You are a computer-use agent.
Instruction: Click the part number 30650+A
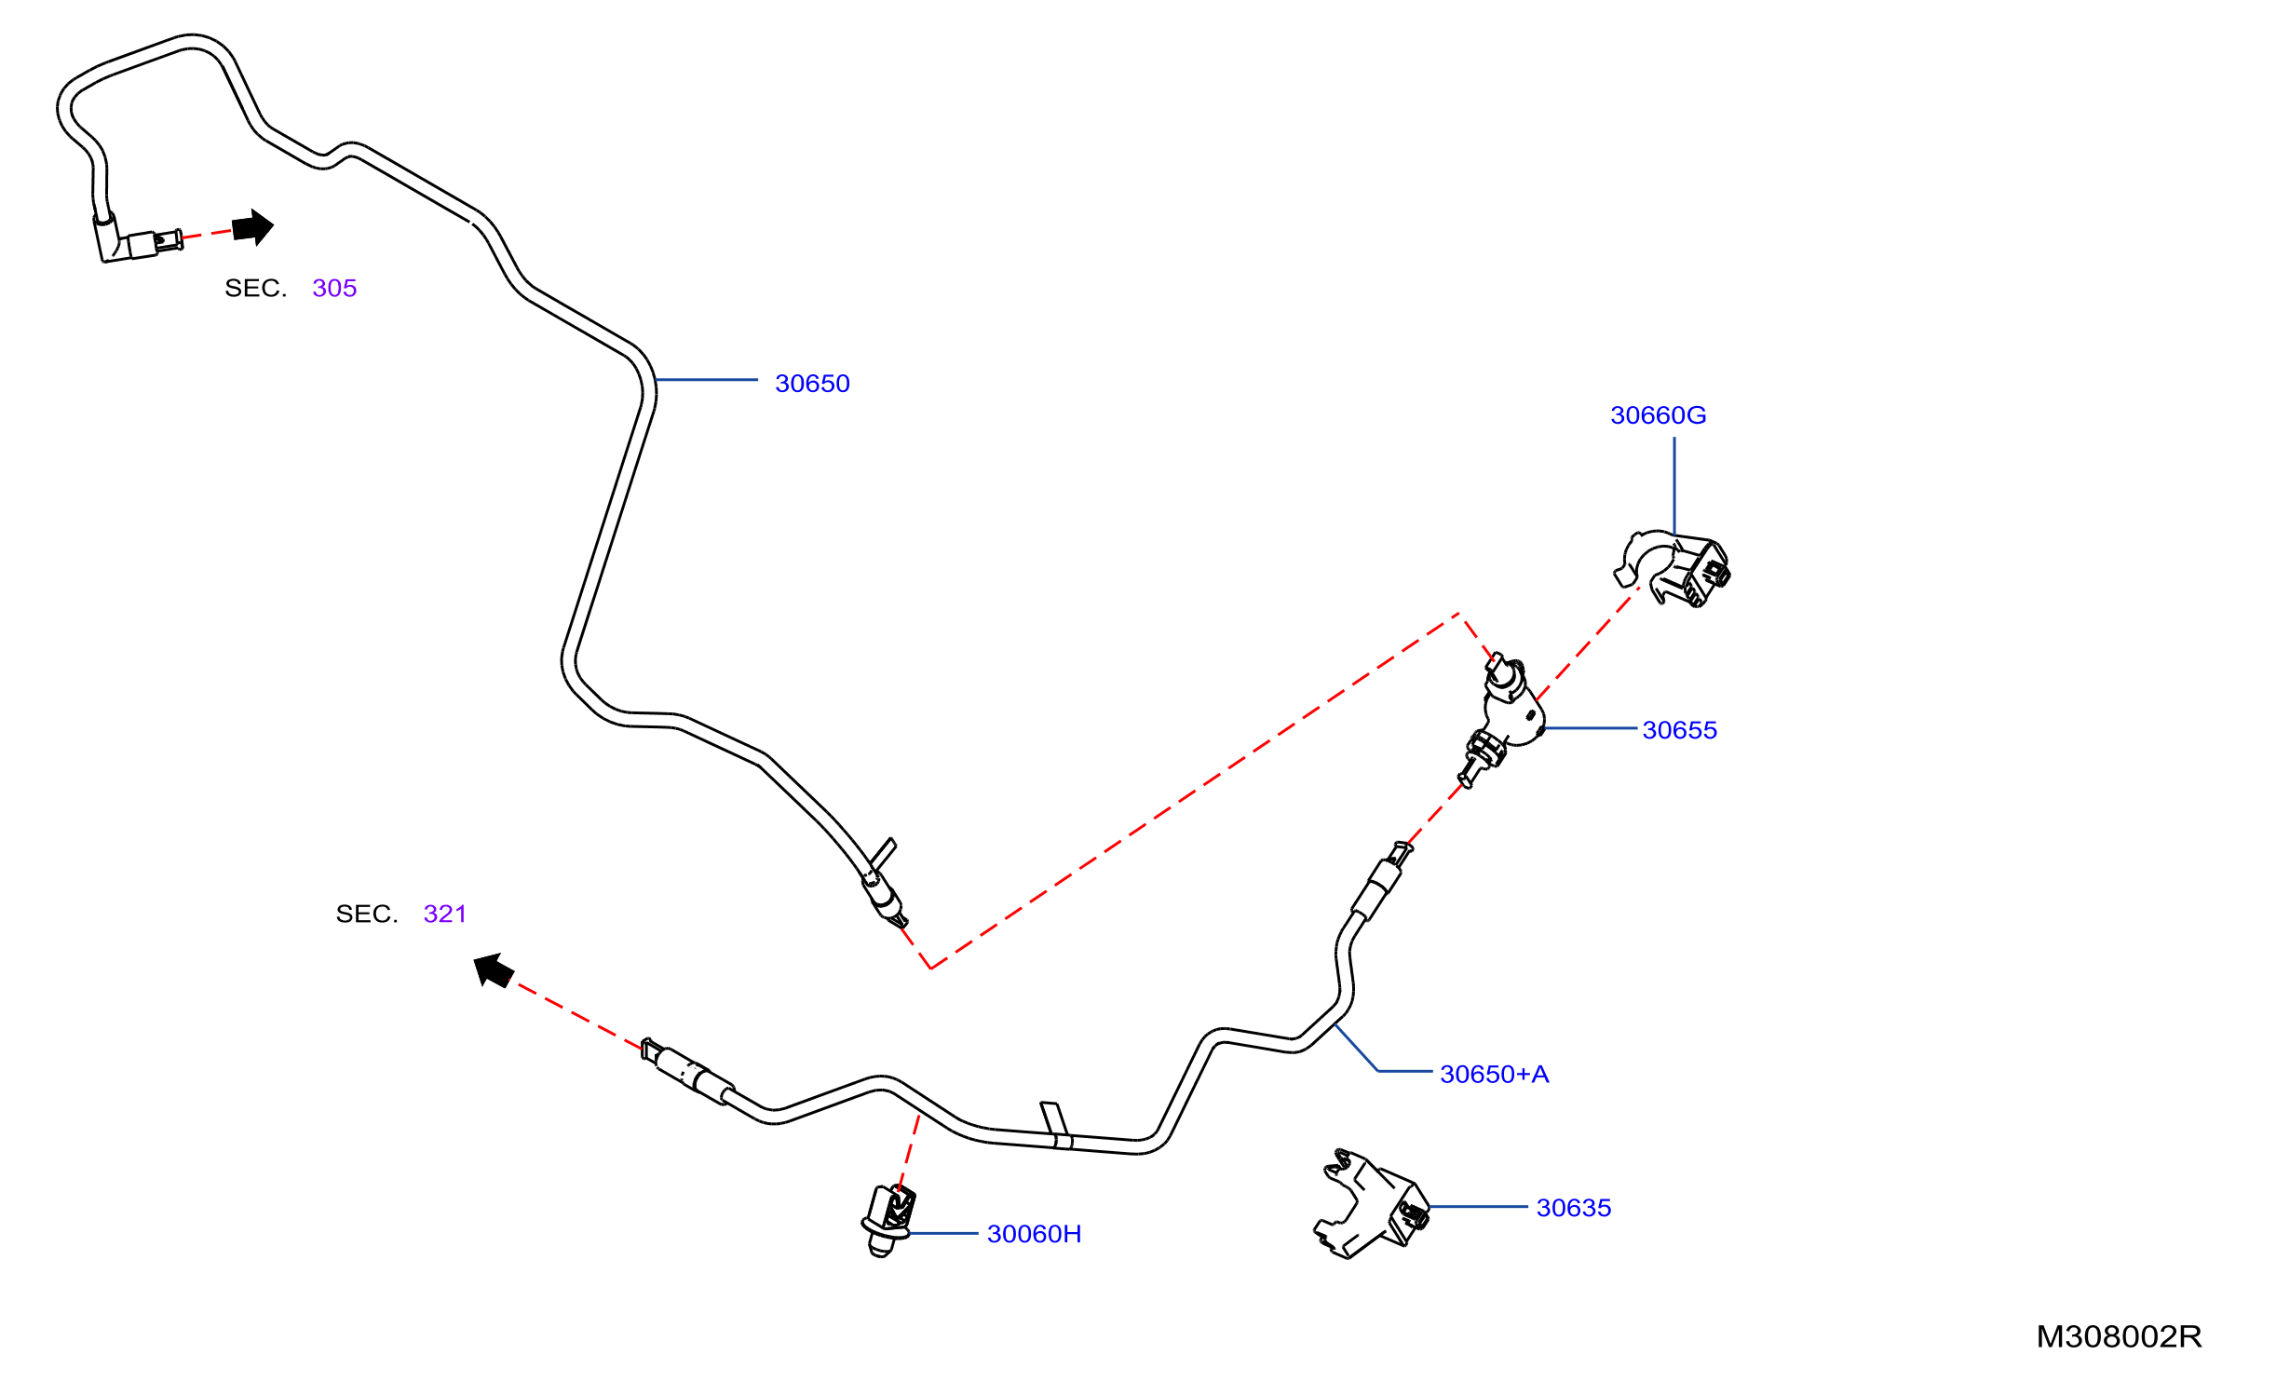pyautogui.click(x=1494, y=1074)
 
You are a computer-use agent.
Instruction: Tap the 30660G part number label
pyautogui.click(x=1658, y=415)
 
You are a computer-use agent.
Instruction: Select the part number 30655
pyautogui.click(x=1679, y=730)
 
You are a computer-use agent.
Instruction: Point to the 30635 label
pyautogui.click(x=1573, y=1208)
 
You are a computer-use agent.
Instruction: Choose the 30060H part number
pyautogui.click(x=1034, y=1234)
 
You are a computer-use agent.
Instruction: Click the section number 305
pyautogui.click(x=334, y=288)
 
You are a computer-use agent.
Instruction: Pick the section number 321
pyautogui.click(x=444, y=914)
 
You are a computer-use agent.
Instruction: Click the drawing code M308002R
pyautogui.click(x=2119, y=1336)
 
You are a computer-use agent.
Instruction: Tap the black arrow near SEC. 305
pyautogui.click(x=252, y=227)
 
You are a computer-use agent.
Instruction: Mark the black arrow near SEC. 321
pyautogui.click(x=494, y=970)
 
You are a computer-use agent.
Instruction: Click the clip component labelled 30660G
pyautogui.click(x=1673, y=569)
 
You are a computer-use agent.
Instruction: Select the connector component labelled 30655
pyautogui.click(x=1501, y=720)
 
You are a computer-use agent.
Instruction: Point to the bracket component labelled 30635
pyautogui.click(x=1371, y=1205)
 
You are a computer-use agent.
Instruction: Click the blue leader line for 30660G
pyautogui.click(x=1674, y=486)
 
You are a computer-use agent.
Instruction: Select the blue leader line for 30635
pyautogui.click(x=1478, y=1207)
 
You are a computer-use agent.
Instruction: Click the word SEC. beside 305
pyautogui.click(x=255, y=288)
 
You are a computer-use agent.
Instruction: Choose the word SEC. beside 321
pyautogui.click(x=367, y=914)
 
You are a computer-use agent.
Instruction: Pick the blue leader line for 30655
pyautogui.click(x=1591, y=728)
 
